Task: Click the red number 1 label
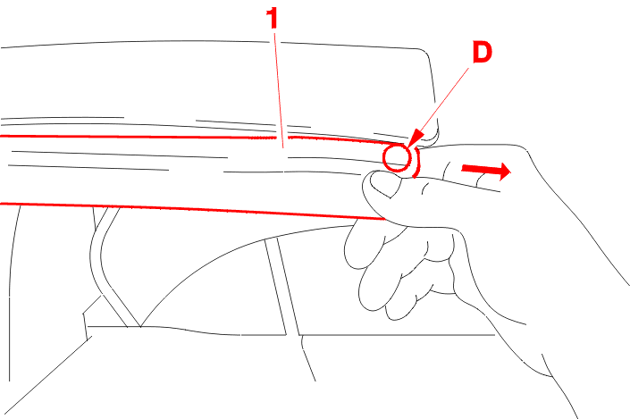tap(273, 19)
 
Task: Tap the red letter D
tap(483, 53)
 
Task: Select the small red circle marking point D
tap(398, 158)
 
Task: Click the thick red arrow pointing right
tap(486, 171)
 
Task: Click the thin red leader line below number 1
tap(279, 90)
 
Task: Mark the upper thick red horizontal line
tap(201, 138)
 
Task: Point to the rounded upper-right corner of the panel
tap(425, 52)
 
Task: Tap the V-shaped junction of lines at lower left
tap(140, 326)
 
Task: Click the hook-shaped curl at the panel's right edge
tap(434, 137)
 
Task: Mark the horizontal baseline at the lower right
tap(398, 335)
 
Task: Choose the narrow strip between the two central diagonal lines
tap(282, 286)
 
